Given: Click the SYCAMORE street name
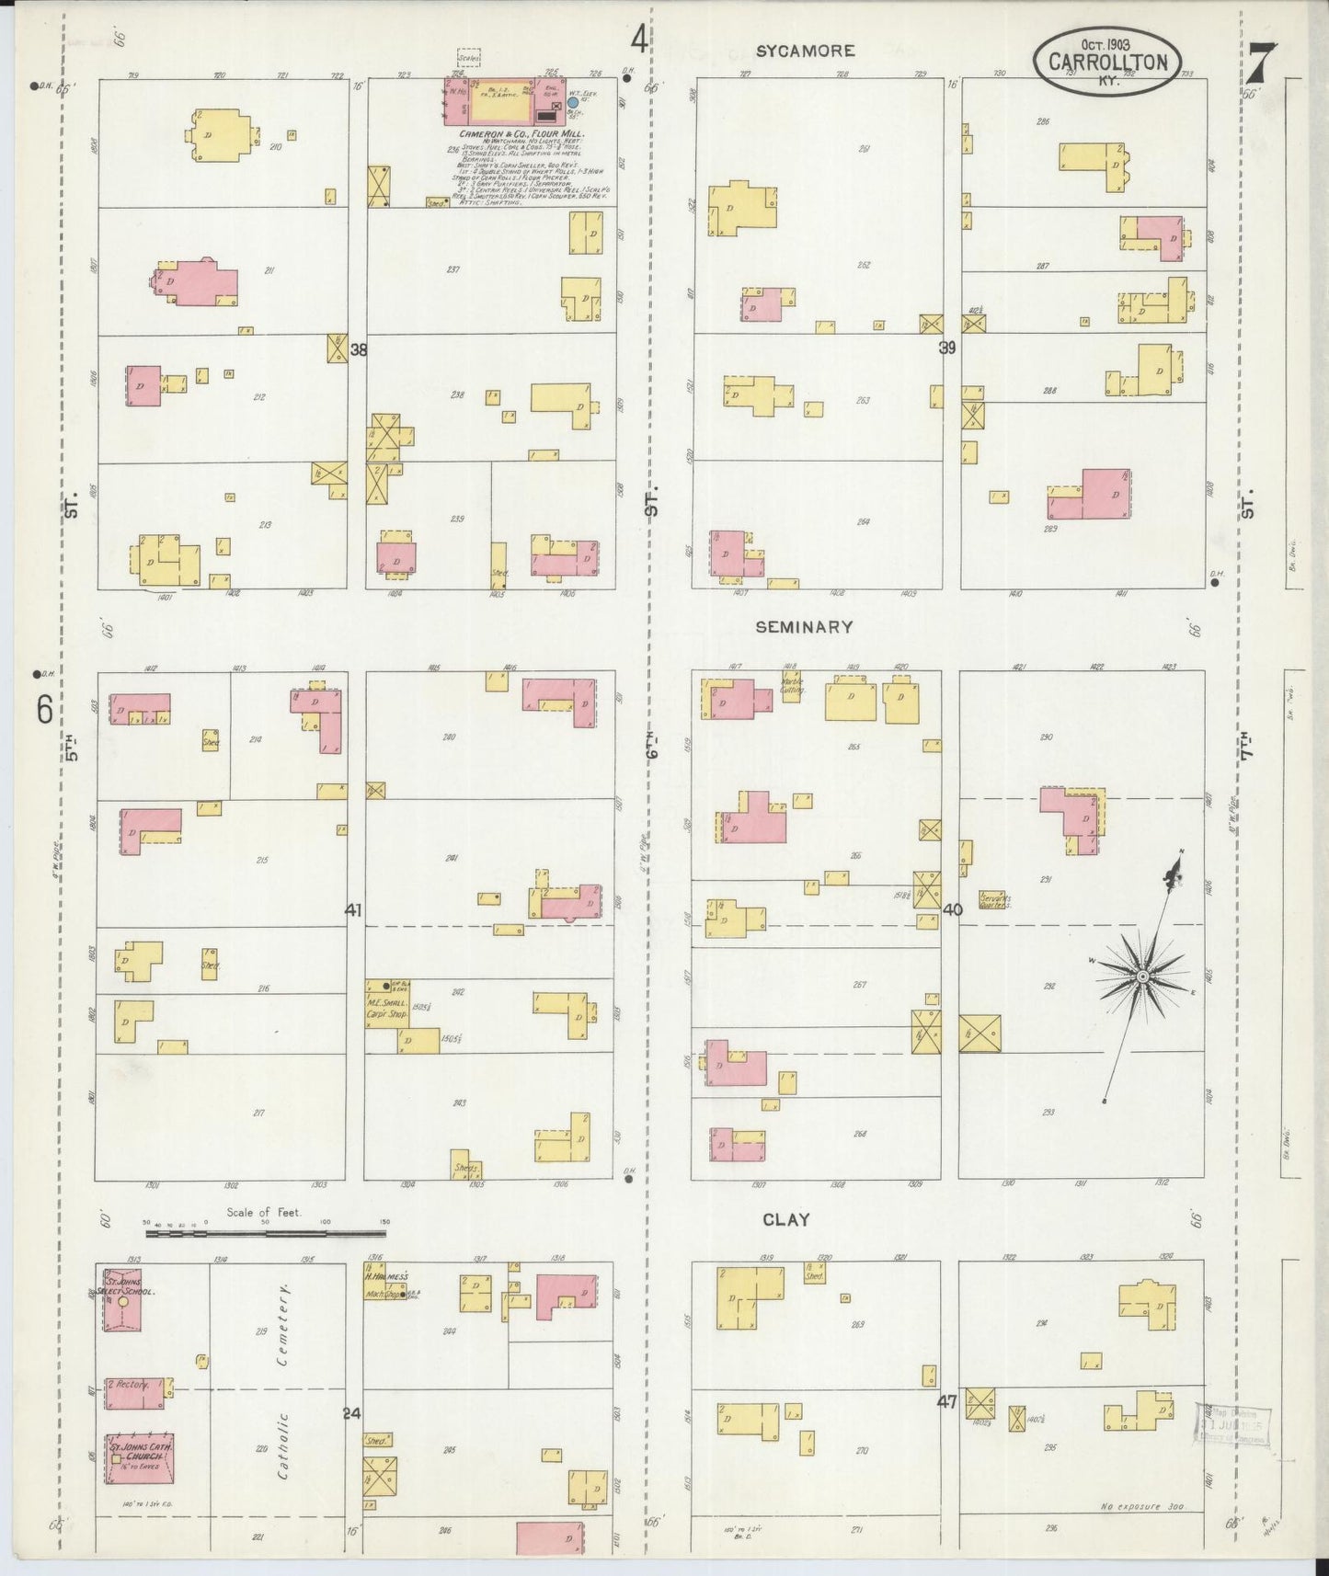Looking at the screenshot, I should (x=805, y=51).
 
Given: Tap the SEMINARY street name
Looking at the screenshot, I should (x=804, y=627).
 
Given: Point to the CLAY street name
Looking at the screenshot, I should (x=786, y=1220).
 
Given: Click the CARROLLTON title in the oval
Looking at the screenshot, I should (x=1106, y=63).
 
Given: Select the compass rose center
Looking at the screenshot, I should (x=1141, y=976).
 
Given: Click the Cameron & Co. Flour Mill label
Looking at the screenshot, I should (x=528, y=134).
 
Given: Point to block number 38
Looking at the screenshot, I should (x=358, y=349).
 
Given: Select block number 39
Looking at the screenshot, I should (x=947, y=348).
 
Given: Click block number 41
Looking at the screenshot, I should (x=353, y=910).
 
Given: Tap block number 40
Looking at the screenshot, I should (x=952, y=909).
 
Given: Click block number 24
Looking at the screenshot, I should (x=351, y=1413).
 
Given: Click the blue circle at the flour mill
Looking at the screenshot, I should (x=572, y=103).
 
